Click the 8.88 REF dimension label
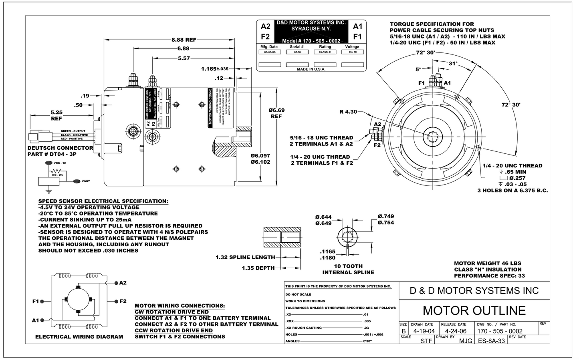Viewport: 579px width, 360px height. [184, 40]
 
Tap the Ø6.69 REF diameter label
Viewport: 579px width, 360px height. [276, 113]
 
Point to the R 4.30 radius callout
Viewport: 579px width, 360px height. [348, 112]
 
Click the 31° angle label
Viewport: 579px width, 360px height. [452, 63]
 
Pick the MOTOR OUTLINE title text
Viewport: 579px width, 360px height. [474, 310]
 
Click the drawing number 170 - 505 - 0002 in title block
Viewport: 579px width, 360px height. [500, 331]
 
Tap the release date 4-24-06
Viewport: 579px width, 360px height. [456, 331]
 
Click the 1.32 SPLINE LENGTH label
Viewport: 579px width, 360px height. [245, 257]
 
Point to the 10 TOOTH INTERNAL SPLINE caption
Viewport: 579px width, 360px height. [348, 269]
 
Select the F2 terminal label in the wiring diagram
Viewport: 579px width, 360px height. [123, 301]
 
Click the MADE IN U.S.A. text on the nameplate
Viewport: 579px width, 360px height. [311, 69]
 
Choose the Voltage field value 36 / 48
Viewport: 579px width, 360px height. [352, 52]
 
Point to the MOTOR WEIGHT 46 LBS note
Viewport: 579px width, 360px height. [487, 263]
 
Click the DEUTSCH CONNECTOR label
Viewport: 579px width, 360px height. [60, 148]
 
